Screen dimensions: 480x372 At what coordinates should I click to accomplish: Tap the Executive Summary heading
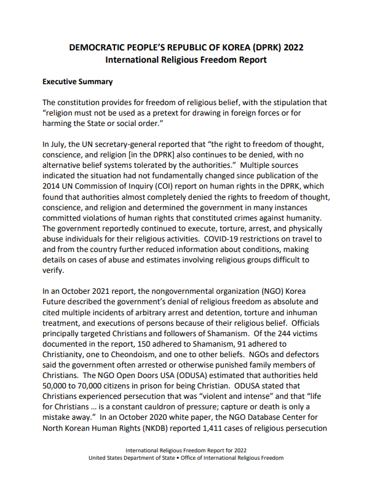point(77,81)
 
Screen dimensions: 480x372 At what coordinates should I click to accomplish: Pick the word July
point(60,144)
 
